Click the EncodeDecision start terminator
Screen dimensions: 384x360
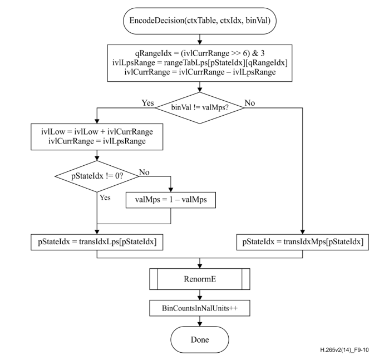point(200,21)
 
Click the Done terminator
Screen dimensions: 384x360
point(200,339)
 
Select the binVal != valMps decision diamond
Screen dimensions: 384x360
point(200,108)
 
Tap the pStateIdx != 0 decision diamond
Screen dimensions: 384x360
point(97,176)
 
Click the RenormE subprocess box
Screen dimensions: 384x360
point(200,279)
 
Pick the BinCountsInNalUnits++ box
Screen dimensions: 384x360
point(200,308)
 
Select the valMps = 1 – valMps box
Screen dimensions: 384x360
point(171,200)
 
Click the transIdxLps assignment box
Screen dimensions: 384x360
point(97,242)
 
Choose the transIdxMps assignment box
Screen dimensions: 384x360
point(302,242)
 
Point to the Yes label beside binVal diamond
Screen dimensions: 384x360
point(148,103)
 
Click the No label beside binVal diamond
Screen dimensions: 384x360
point(250,103)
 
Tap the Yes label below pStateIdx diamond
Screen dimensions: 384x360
point(105,198)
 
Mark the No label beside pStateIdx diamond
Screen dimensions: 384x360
point(144,172)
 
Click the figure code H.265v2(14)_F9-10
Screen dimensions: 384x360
point(344,350)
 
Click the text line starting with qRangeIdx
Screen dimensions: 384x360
point(200,53)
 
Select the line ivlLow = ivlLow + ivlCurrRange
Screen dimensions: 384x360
point(97,132)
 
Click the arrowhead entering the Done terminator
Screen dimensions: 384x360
point(200,324)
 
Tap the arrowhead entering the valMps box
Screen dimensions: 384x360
point(171,190)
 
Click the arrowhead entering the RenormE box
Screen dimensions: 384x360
point(200,266)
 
